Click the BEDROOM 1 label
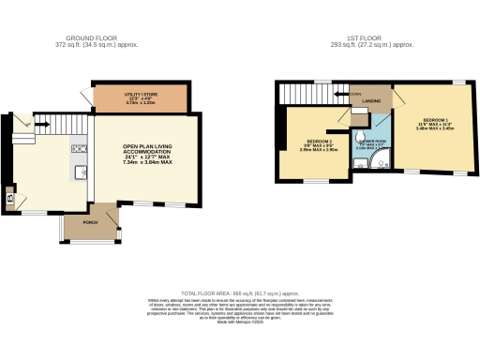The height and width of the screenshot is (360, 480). coord(434,123)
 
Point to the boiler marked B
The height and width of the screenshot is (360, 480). coord(10,198)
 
